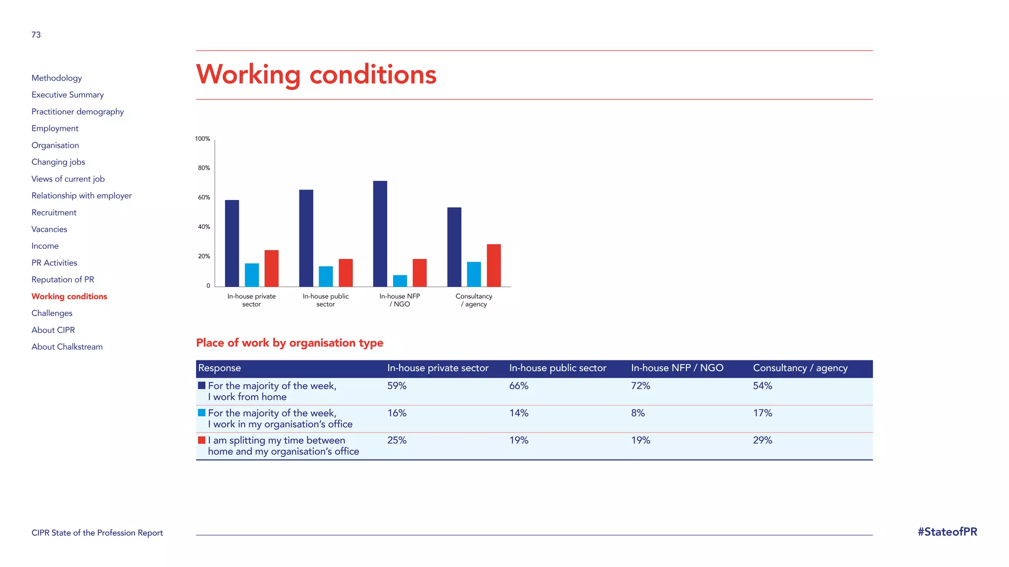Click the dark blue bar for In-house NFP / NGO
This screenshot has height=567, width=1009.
380,234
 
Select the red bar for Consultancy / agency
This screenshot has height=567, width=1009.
494,265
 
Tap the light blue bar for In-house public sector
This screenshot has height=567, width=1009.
326,276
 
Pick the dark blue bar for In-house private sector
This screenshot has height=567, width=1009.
232,243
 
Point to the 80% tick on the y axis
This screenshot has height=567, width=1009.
204,168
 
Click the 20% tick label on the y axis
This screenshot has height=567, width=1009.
204,256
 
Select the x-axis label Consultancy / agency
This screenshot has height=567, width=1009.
474,300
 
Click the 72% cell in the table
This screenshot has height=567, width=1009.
640,386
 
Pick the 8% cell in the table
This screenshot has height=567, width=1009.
638,413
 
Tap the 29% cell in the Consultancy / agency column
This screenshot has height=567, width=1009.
762,440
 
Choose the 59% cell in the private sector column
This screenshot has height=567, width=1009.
397,386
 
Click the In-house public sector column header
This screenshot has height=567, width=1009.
558,368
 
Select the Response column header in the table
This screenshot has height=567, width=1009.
220,368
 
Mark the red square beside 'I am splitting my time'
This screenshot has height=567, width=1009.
202,440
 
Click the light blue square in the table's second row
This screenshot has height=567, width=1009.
202,413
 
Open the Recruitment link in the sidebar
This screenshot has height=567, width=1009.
54,213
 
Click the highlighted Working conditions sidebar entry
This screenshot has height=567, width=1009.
69,296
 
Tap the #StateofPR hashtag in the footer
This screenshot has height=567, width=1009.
947,532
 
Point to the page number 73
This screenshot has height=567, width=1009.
36,35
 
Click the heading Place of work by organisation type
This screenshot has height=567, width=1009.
290,343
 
